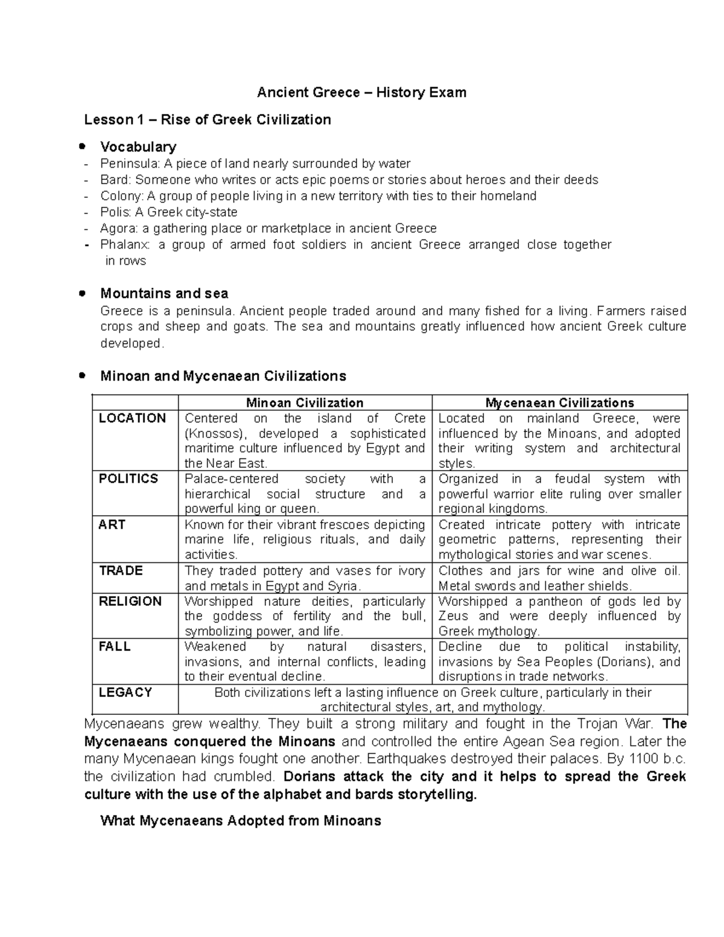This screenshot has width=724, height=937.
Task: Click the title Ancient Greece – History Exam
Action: point(361,92)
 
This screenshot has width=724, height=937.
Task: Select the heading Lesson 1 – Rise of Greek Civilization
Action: point(208,119)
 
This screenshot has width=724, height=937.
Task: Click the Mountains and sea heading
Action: point(164,293)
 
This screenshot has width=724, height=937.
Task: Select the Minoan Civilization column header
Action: point(305,402)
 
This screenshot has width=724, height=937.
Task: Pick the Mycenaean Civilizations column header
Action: point(560,402)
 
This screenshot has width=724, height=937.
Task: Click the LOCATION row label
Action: point(132,418)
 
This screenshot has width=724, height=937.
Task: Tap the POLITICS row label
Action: point(128,478)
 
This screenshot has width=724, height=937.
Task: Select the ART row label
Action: point(112,524)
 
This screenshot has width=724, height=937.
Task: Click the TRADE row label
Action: point(121,570)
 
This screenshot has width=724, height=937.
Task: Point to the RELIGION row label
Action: point(130,601)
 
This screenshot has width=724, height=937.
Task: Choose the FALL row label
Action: point(115,646)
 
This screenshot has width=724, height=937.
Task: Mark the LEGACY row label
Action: point(125,692)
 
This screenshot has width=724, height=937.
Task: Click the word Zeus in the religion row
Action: point(454,616)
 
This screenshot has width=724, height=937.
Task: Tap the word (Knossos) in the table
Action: point(216,433)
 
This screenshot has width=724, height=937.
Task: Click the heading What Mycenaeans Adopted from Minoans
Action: point(241,821)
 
